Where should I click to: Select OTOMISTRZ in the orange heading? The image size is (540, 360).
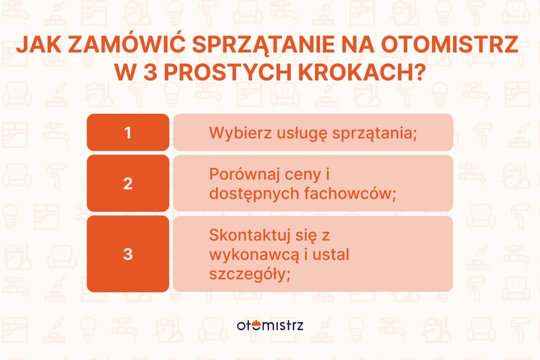click(449, 44)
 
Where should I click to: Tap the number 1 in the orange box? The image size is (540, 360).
click(128, 132)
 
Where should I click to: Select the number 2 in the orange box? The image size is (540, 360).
click(128, 183)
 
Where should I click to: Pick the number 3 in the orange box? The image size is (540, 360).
click(128, 254)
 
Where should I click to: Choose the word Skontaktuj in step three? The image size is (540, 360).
click(245, 235)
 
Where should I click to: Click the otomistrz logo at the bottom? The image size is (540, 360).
click(270, 325)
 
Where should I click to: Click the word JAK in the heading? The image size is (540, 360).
click(37, 44)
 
